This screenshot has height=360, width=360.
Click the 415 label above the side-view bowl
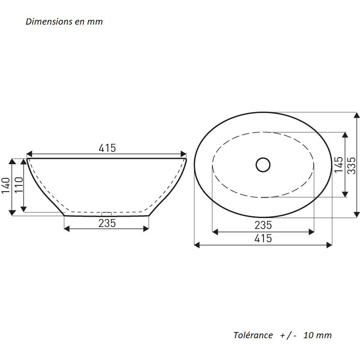(x=107, y=148)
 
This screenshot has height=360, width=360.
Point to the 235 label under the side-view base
(x=107, y=223)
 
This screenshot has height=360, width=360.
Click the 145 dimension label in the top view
(x=339, y=165)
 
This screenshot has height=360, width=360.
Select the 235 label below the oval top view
(x=263, y=225)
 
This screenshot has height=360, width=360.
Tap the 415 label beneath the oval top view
(x=263, y=238)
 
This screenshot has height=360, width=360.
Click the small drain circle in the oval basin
(x=263, y=165)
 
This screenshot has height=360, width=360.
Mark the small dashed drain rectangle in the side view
(x=106, y=213)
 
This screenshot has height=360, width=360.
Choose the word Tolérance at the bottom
(x=253, y=335)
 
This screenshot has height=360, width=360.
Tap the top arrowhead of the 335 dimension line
(x=357, y=115)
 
